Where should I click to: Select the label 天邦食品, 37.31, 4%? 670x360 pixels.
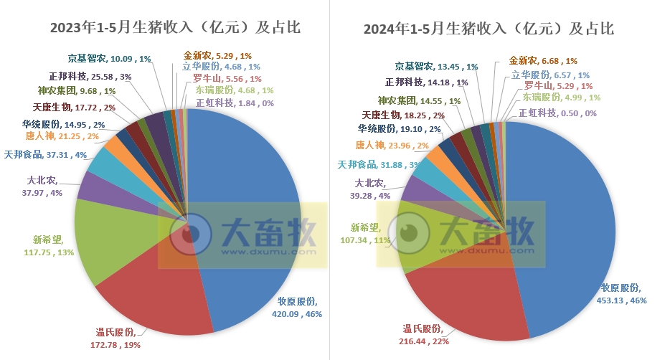point(45,154)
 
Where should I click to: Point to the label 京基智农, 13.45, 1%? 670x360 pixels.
point(436,67)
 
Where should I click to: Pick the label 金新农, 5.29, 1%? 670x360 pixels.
point(217,55)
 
